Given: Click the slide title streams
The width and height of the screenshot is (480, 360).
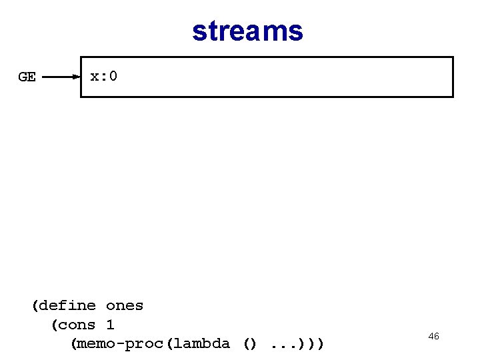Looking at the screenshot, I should coord(247,31).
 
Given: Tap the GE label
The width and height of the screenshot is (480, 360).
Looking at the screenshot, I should coord(27,77).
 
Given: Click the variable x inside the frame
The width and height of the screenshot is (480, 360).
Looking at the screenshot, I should coord(95,77).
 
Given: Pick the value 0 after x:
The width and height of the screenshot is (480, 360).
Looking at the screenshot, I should coord(113,77).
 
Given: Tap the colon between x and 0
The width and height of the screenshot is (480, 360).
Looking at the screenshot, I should coord(104,77).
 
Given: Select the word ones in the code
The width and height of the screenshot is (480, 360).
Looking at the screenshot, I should coord(125,306).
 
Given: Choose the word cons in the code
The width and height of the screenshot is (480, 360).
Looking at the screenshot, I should coord(77,325).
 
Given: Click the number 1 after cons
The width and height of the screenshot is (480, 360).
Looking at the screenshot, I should coord(110,325).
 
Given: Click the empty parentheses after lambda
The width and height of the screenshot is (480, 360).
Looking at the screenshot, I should coord(249,344).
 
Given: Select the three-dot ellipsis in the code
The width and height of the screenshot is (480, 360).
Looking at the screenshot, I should coord(283,345).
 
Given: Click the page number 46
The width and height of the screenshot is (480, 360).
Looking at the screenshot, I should coord(433,337).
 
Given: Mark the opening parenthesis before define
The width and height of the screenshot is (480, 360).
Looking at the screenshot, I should coord(35,306).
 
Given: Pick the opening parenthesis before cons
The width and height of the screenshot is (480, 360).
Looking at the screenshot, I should coord(55,325).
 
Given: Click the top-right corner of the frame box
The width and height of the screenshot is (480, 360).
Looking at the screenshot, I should coord(453,57).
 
